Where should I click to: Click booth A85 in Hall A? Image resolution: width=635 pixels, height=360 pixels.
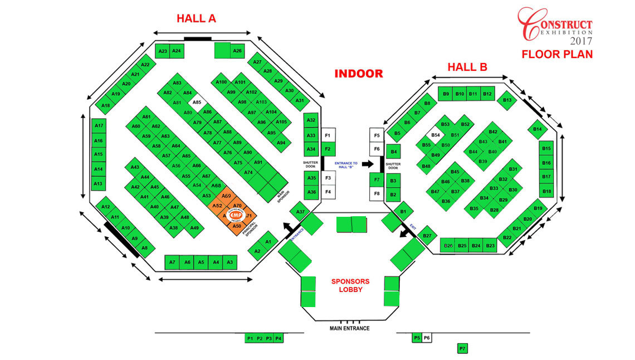click(x=197, y=103)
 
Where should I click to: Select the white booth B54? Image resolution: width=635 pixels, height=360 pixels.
click(x=436, y=135)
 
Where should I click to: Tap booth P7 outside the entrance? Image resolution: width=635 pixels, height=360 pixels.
click(x=462, y=349)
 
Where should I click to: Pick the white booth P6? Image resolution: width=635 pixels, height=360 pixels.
click(x=427, y=338)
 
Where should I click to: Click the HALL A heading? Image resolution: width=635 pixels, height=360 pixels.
click(x=196, y=18)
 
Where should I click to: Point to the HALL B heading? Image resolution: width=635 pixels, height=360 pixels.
click(x=467, y=67)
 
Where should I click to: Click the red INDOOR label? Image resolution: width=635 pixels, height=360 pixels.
click(x=359, y=74)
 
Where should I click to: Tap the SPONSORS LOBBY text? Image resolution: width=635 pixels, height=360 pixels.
click(x=351, y=285)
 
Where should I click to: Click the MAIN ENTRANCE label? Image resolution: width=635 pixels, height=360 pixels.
click(x=349, y=328)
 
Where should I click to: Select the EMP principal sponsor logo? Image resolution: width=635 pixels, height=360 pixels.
click(x=237, y=215)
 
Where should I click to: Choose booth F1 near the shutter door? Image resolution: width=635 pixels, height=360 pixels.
click(x=328, y=136)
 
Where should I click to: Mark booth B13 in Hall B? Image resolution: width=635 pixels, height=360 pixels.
click(x=507, y=100)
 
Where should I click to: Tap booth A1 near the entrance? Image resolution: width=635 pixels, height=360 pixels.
click(x=268, y=241)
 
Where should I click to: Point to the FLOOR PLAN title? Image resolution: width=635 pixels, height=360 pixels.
click(x=557, y=55)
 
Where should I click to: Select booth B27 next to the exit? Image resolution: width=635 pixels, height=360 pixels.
click(x=427, y=236)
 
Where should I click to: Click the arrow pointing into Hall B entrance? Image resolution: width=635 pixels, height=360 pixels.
click(x=368, y=164)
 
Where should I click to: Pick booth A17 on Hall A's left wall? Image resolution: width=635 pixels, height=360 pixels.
click(x=99, y=126)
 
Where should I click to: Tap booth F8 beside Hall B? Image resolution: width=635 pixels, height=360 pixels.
click(x=377, y=194)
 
